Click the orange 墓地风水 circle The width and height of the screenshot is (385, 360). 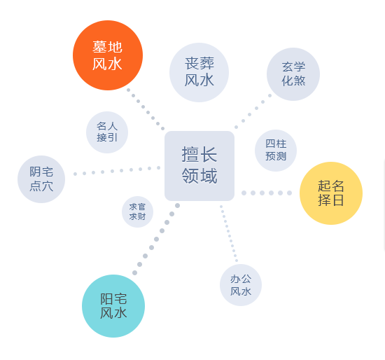pos(108,55)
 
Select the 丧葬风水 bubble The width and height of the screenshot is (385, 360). pos(199,73)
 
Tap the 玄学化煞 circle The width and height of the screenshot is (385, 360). pos(293,74)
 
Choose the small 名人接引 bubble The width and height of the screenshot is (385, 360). pos(107,132)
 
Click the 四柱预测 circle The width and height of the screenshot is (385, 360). pos(276,151)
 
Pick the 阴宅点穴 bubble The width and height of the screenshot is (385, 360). pos(41,179)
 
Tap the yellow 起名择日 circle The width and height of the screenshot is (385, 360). pos(331,193)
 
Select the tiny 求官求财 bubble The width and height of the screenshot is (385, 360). pos(137,212)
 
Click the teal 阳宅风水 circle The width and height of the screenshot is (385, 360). pos(113,306)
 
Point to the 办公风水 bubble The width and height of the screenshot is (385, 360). pos(241,285)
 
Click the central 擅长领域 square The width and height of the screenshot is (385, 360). pos(199,166)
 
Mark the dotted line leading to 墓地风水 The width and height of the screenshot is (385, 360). pos(146,109)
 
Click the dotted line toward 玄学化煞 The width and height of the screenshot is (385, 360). pos(253,111)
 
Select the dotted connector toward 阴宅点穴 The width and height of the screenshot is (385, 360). pos(117,171)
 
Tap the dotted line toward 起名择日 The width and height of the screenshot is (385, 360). pos(267,193)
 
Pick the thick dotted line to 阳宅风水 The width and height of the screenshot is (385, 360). pos(156,239)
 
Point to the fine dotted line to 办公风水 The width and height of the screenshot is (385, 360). pos(229,233)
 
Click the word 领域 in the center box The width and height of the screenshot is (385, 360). pos(199,176)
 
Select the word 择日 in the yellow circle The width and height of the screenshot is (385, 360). pos(331,200)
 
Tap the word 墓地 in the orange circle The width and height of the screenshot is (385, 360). pos(107,47)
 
